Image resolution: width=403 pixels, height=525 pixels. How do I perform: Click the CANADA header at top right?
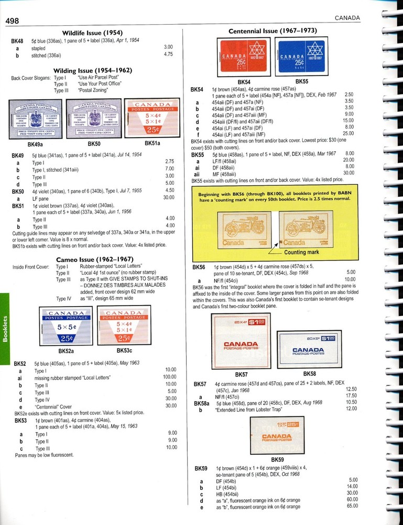click(347, 18)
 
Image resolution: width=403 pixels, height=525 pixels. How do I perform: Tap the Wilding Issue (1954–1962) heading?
click(92, 70)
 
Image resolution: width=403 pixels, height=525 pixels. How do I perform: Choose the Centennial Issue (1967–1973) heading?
click(273, 31)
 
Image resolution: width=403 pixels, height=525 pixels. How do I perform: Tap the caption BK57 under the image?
click(242, 374)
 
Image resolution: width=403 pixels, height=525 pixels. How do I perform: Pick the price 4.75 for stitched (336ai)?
click(168, 54)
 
